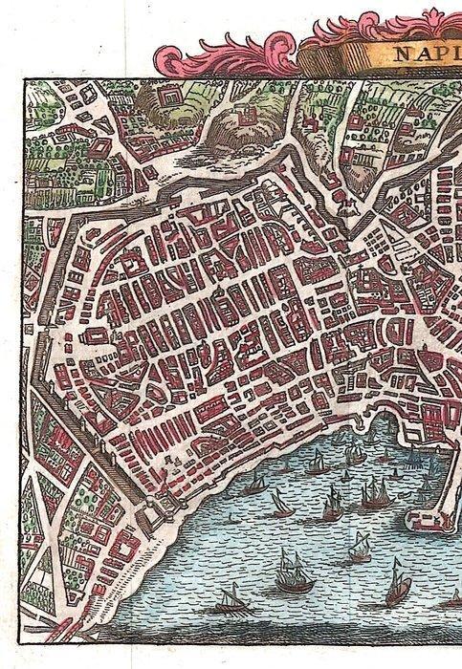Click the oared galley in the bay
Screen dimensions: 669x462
point(229,602)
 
